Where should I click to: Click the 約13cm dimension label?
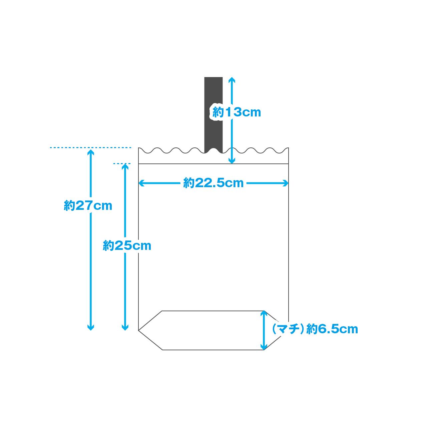tap(237, 112)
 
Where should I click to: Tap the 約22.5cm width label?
tap(213, 183)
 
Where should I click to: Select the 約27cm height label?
tap(88, 206)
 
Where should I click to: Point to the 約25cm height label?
tap(127, 246)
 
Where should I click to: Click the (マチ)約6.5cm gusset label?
tap(315, 329)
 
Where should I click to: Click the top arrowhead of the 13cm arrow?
tap(232, 80)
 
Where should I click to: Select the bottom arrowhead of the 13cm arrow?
tap(232, 161)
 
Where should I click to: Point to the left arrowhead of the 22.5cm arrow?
tap(141, 183)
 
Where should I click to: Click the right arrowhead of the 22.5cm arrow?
tap(286, 183)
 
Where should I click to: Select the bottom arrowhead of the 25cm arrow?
tap(125, 328)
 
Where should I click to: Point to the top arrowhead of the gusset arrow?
tap(264, 314)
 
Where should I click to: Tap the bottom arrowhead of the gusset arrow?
tap(264, 347)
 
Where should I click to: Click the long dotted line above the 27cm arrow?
tap(90, 147)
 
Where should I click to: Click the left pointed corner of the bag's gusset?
tap(139, 331)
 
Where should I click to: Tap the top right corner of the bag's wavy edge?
tap(288, 148)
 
